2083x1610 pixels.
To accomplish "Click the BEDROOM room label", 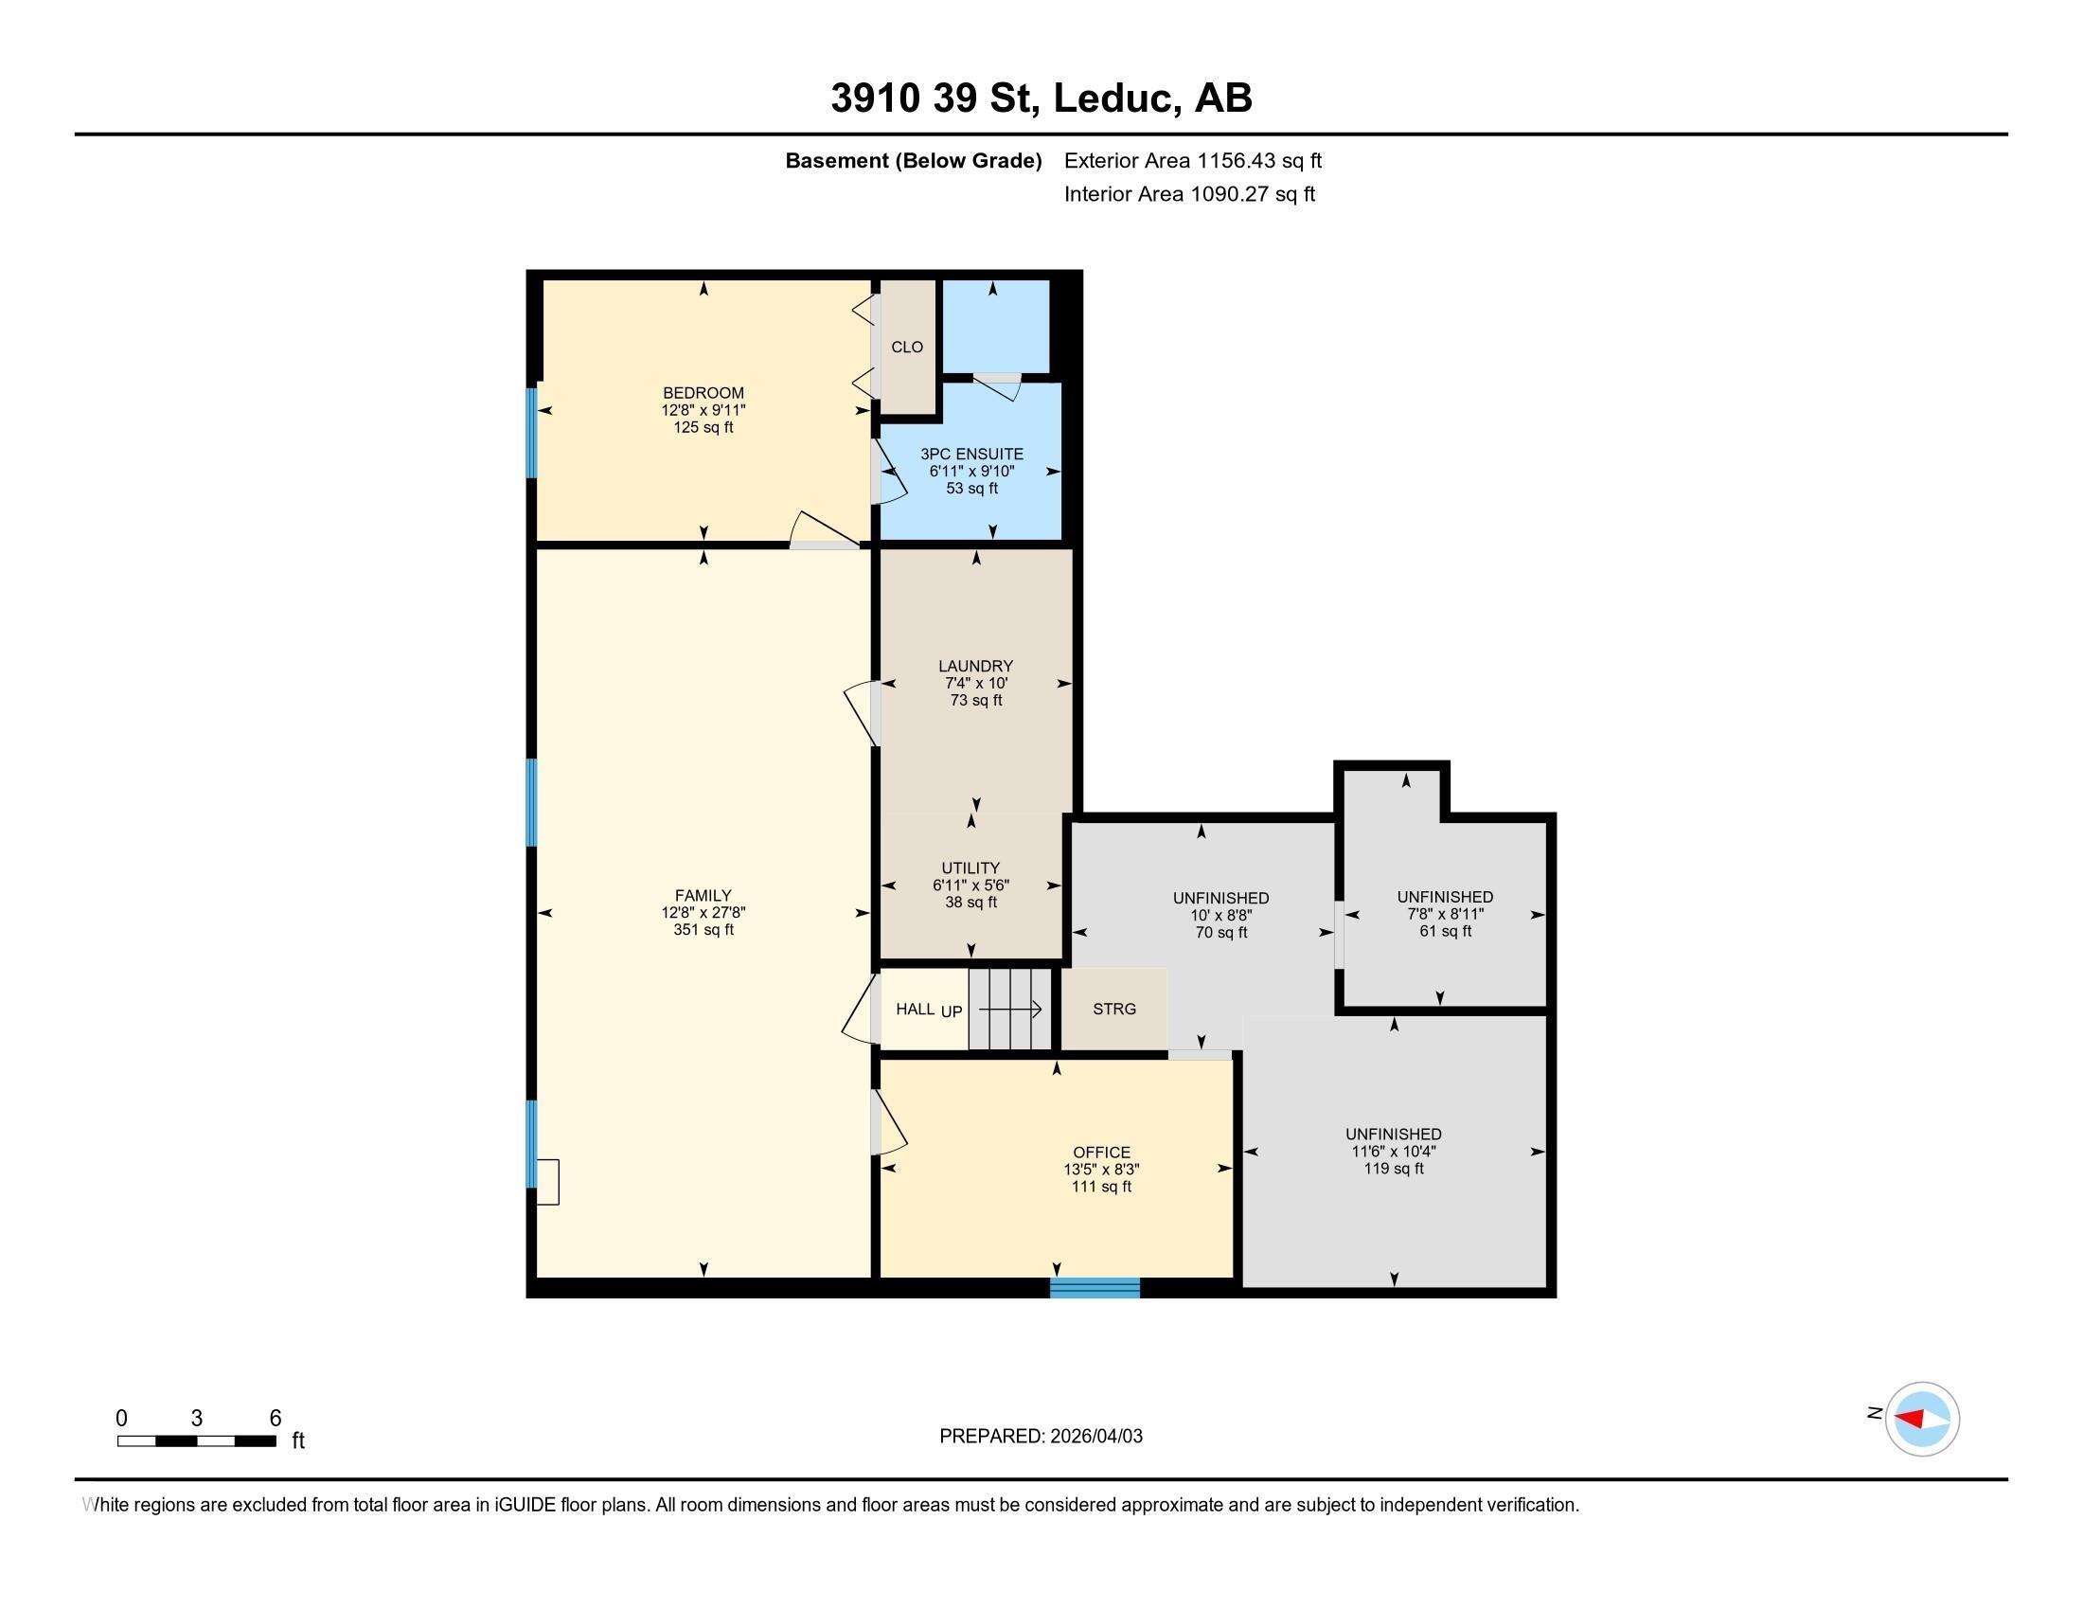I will (x=703, y=393).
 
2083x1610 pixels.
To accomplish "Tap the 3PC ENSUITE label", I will (x=970, y=454).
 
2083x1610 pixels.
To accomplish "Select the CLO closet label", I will (x=906, y=348).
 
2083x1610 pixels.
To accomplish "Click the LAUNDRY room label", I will (x=974, y=666).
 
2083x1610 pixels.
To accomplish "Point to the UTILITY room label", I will (x=970, y=868).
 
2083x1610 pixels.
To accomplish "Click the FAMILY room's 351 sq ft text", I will (x=703, y=930).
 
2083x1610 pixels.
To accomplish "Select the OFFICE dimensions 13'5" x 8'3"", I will (x=1100, y=1170).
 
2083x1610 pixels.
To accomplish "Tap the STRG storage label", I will (x=1113, y=1010).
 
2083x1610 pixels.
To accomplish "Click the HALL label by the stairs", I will (x=915, y=1010).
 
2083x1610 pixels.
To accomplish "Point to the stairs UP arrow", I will (x=1010, y=1010).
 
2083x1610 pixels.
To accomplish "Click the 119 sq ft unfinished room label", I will (x=1393, y=1169).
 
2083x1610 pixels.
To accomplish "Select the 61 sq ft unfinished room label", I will (x=1444, y=931).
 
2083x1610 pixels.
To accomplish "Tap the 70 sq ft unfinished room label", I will (x=1220, y=933).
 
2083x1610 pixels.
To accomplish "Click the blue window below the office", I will (x=1094, y=1288).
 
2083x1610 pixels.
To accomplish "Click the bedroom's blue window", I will (x=531, y=431).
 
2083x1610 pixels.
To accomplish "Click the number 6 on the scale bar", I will (x=275, y=1419).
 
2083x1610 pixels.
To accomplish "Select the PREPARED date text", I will (x=1040, y=1437).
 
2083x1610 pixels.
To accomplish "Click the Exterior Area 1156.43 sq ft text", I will (x=1192, y=161).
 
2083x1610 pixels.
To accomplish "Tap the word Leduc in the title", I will (x=1113, y=98).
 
